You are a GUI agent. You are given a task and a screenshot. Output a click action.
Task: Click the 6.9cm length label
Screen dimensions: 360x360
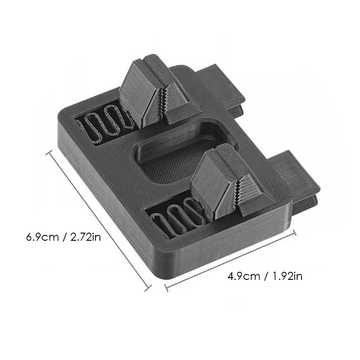(42, 237)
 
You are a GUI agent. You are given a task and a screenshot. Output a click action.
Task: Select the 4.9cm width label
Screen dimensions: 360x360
(243, 276)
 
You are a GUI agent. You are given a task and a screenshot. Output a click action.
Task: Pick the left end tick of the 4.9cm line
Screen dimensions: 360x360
(166, 288)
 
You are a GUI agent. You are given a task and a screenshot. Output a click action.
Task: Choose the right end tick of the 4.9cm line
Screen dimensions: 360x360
(295, 232)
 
